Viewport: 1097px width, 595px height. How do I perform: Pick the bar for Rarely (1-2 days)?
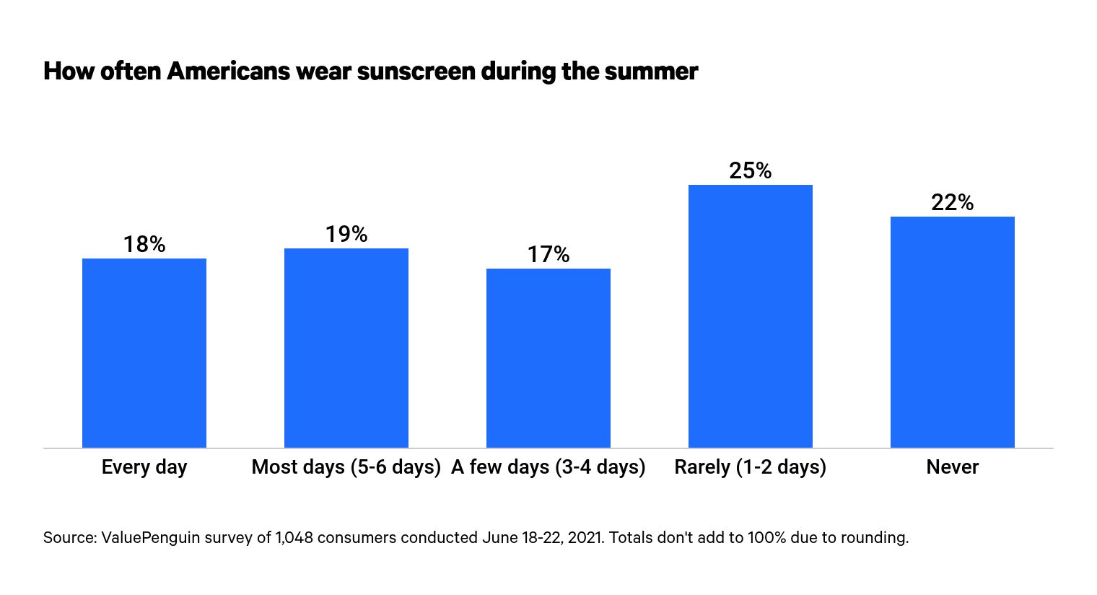(x=751, y=316)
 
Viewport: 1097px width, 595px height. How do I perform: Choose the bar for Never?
(x=953, y=331)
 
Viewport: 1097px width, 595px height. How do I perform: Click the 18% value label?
(x=144, y=245)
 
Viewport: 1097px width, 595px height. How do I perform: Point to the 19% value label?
(x=346, y=235)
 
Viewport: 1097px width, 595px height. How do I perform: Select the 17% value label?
(x=548, y=255)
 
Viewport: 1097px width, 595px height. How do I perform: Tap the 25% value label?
(x=751, y=171)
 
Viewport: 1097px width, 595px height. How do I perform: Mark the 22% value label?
(x=953, y=203)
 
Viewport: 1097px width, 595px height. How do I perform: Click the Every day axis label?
(x=144, y=467)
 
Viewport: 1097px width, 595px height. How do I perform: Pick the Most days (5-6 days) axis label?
(x=346, y=467)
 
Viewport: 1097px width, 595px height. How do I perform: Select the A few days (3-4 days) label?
(x=548, y=467)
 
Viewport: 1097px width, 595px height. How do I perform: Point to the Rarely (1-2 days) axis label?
(x=751, y=467)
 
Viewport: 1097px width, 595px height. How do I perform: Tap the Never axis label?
(x=953, y=467)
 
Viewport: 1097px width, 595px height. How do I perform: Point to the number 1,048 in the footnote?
(x=294, y=538)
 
